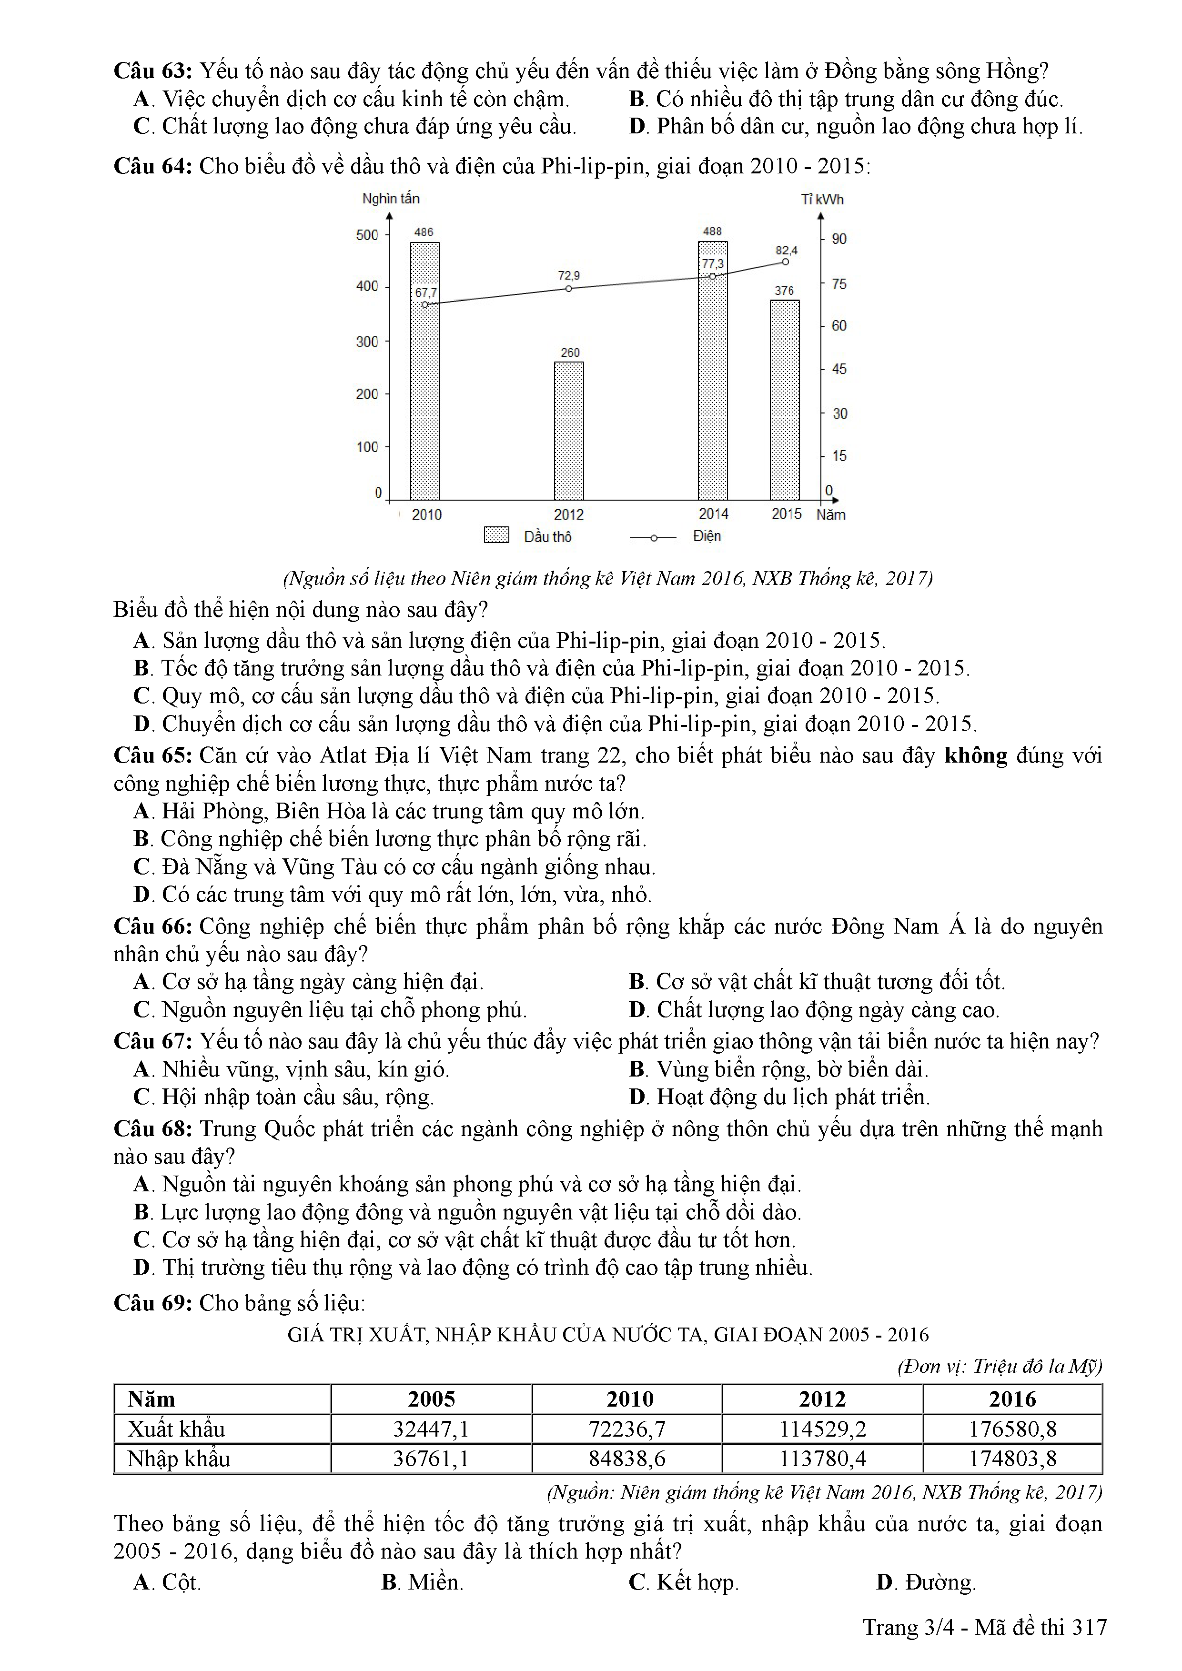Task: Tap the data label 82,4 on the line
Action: [x=786, y=251]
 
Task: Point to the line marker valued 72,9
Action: [x=568, y=288]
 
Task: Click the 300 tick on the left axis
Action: [x=367, y=342]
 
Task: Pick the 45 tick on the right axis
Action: [x=839, y=369]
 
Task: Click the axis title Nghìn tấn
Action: [x=391, y=199]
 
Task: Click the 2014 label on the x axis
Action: [x=713, y=514]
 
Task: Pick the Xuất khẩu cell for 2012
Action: [x=822, y=1429]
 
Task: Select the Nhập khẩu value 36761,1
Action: [x=431, y=1459]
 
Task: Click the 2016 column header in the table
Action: [x=1012, y=1399]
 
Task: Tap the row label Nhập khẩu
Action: [x=178, y=1459]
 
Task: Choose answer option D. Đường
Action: [x=926, y=1582]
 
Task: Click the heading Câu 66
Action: [x=153, y=926]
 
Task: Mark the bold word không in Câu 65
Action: [x=975, y=755]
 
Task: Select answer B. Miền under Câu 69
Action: [x=422, y=1582]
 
